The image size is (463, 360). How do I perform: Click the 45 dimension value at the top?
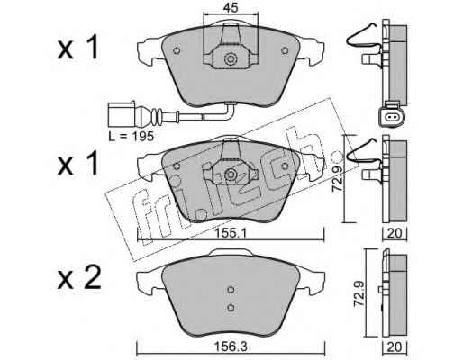pos(231,7)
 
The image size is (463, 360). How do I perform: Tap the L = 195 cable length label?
pos(132,137)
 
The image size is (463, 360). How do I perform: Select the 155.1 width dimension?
pos(231,233)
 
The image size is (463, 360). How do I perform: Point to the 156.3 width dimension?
pos(231,347)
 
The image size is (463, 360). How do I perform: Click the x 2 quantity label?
pos(78,278)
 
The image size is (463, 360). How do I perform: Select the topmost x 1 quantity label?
pos(77,47)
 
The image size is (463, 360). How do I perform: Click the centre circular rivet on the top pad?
pos(231,59)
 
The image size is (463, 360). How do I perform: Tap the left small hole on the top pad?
pos(177,50)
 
